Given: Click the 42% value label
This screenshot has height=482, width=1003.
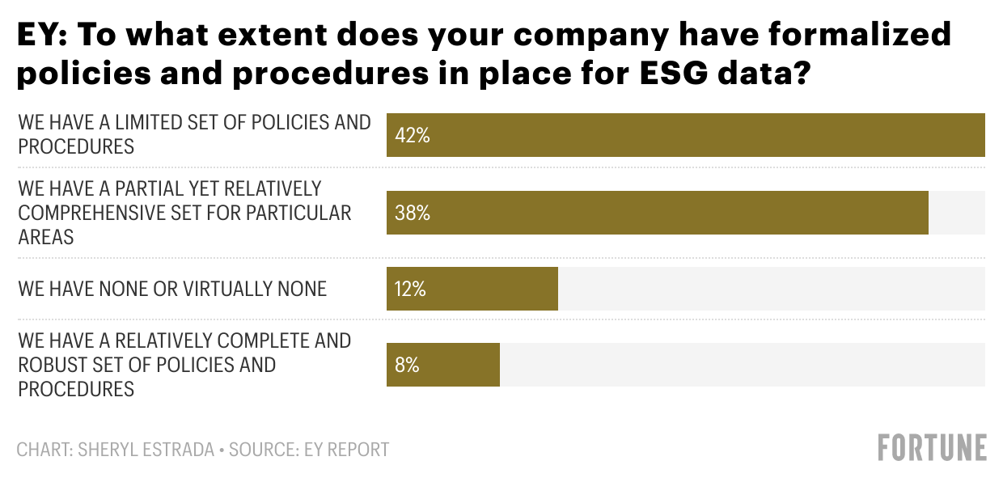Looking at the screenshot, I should pos(412,135).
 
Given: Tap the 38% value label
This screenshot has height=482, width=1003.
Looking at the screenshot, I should pos(412,213).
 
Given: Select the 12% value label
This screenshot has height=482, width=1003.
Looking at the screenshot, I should pos(410,290).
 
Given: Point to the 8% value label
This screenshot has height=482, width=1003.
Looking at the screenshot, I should pos(407,365).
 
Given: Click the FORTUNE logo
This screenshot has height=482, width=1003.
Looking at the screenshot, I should pos(933,448).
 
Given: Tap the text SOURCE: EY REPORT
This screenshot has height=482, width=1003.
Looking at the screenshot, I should pos(309,450).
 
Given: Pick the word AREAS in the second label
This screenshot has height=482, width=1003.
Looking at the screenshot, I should pos(46,237).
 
